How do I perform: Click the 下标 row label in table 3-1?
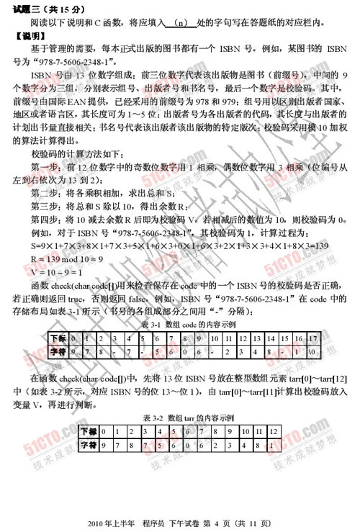click(x=59, y=337)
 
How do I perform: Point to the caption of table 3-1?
click(x=181, y=325)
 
